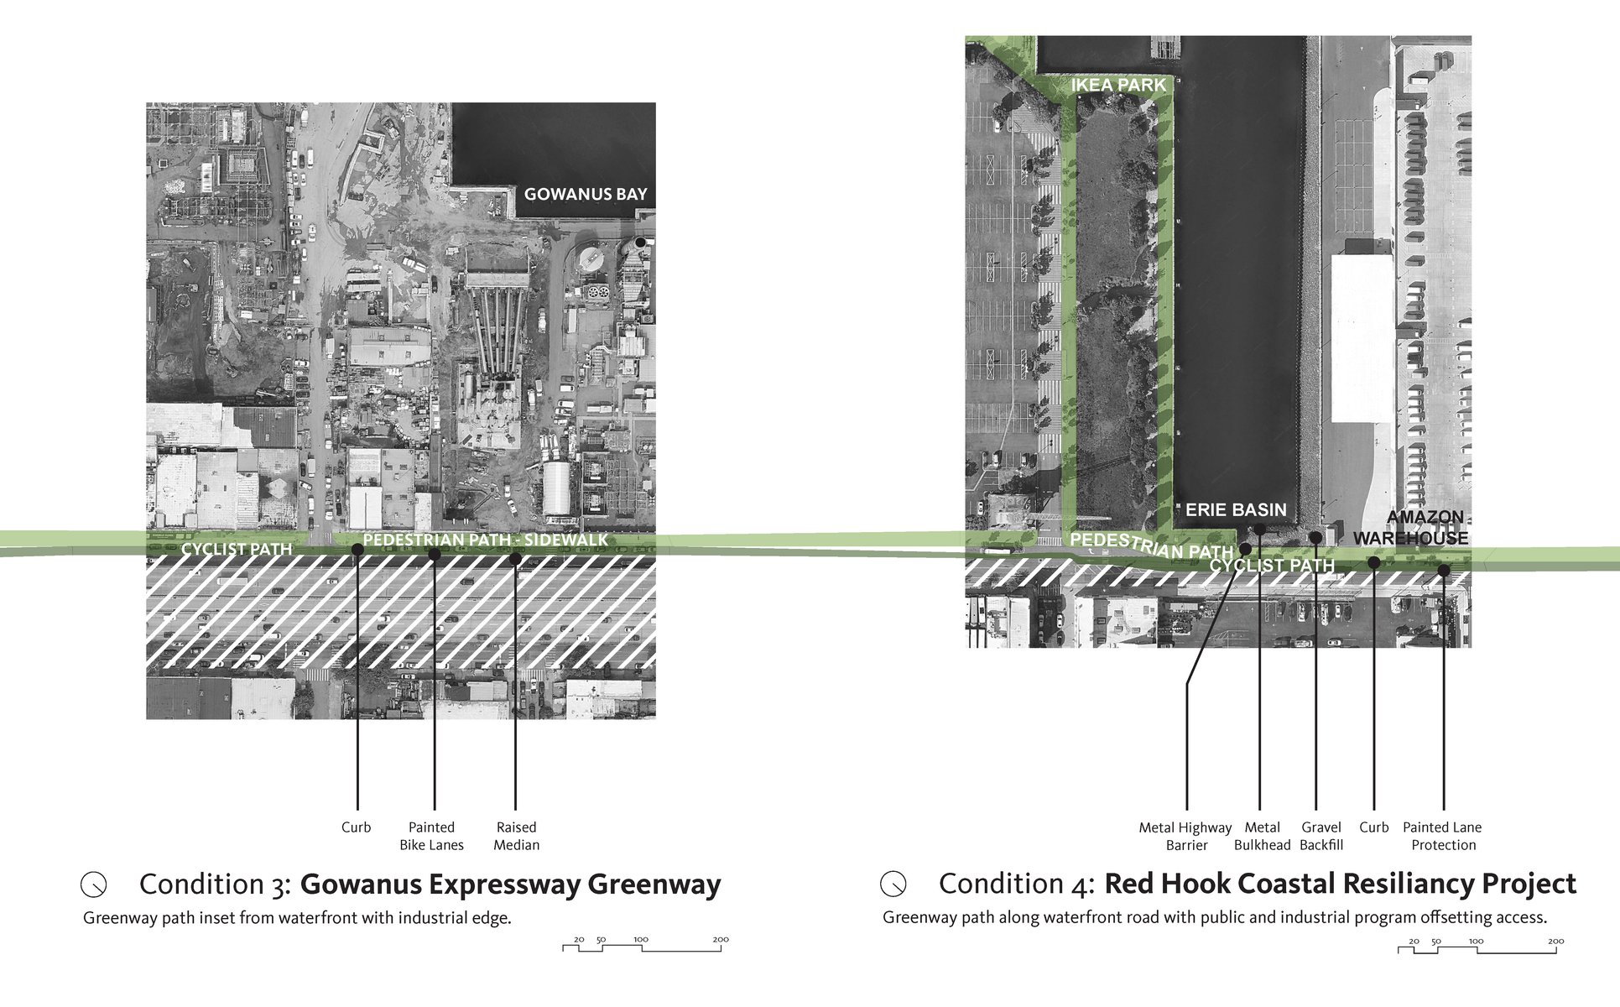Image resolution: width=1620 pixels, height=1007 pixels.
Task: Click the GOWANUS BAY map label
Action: [x=586, y=194]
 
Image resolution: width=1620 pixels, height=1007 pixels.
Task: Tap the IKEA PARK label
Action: [x=1118, y=85]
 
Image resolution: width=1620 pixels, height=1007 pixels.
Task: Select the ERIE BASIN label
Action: [x=1235, y=509]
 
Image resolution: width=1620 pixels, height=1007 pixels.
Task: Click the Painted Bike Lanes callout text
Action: [x=431, y=836]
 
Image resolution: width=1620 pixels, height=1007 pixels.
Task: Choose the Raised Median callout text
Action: [x=516, y=836]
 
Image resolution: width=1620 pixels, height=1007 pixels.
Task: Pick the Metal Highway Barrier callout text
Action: [x=1185, y=836]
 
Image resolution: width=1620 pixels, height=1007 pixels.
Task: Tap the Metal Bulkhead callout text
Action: [x=1262, y=836]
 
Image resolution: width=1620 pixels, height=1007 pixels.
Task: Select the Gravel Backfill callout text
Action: [x=1321, y=836]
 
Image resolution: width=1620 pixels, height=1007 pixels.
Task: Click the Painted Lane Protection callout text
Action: [x=1442, y=836]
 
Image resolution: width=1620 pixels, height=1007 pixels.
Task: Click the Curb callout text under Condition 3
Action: [x=356, y=827]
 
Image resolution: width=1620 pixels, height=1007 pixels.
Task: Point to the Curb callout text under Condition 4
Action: [x=1373, y=827]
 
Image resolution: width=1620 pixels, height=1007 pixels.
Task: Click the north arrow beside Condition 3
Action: [x=94, y=884]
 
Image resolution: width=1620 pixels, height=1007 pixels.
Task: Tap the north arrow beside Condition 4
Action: [x=893, y=884]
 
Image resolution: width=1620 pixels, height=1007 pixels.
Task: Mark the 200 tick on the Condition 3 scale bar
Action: [x=721, y=940]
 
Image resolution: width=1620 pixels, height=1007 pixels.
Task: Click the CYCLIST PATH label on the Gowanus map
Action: [x=237, y=549]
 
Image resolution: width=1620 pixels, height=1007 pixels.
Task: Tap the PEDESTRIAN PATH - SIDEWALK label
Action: [x=486, y=540]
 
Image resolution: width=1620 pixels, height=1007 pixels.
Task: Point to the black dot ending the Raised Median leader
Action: [x=515, y=556]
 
